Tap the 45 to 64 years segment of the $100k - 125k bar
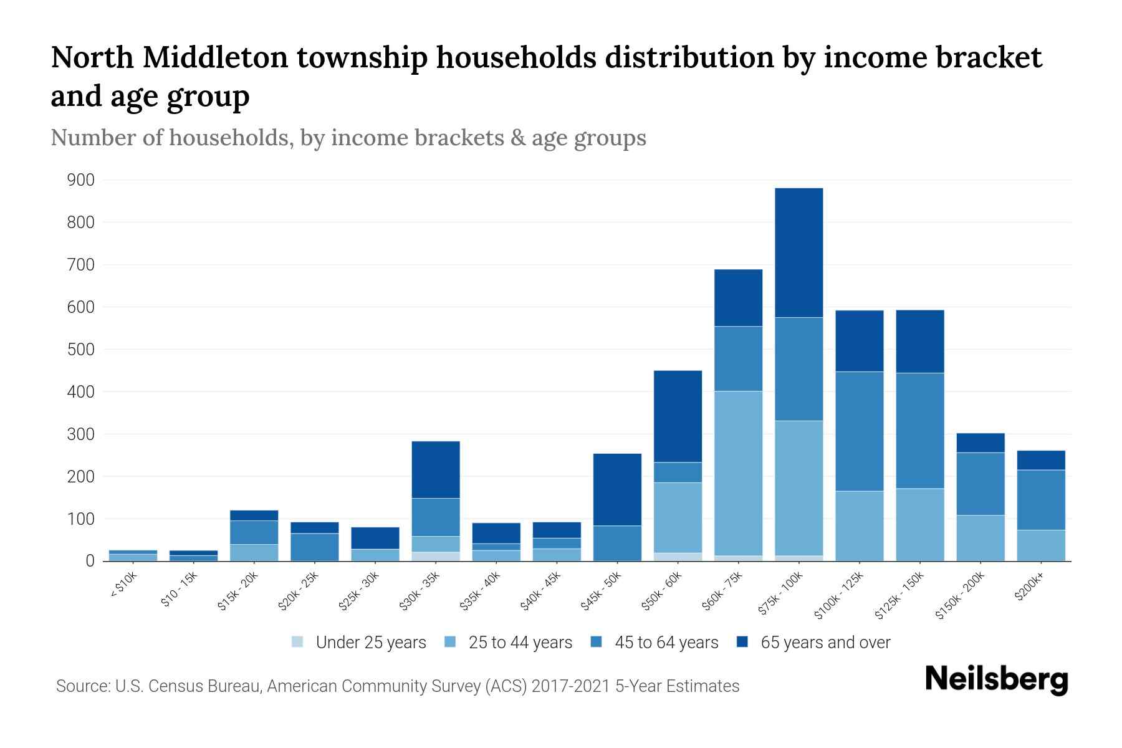pyautogui.click(x=859, y=431)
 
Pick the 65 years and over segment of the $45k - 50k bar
pyautogui.click(x=617, y=489)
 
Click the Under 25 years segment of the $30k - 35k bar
pyautogui.click(x=436, y=556)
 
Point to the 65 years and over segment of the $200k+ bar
pyautogui.click(x=1041, y=460)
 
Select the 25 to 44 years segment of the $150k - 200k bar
pyautogui.click(x=981, y=537)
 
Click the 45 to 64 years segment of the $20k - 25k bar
pyautogui.click(x=315, y=547)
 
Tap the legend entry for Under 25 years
pyautogui.click(x=359, y=642)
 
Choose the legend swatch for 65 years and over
pyautogui.click(x=742, y=642)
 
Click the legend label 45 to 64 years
pyautogui.click(x=666, y=642)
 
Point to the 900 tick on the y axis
pyautogui.click(x=81, y=180)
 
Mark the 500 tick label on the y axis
pyautogui.click(x=81, y=350)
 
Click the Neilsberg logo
pyautogui.click(x=996, y=680)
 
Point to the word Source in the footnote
pyautogui.click(x=82, y=686)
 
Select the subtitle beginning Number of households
pyautogui.click(x=348, y=138)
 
